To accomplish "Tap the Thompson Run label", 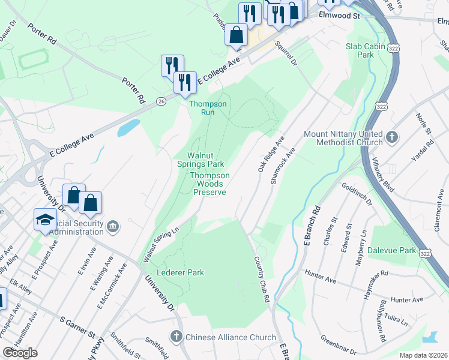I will [x=208, y=108].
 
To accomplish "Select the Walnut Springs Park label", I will [x=200, y=159].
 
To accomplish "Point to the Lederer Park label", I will [x=180, y=272].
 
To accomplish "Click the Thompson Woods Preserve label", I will [x=209, y=184].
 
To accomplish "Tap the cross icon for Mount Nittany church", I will [x=392, y=137].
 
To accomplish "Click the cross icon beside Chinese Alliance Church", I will [x=176, y=337].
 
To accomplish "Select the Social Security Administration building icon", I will [x=114, y=226].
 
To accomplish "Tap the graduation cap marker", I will [x=45, y=220].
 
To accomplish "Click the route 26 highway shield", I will [x=161, y=101].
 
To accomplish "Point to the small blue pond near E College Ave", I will [x=128, y=127].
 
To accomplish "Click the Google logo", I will [x=20, y=353].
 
